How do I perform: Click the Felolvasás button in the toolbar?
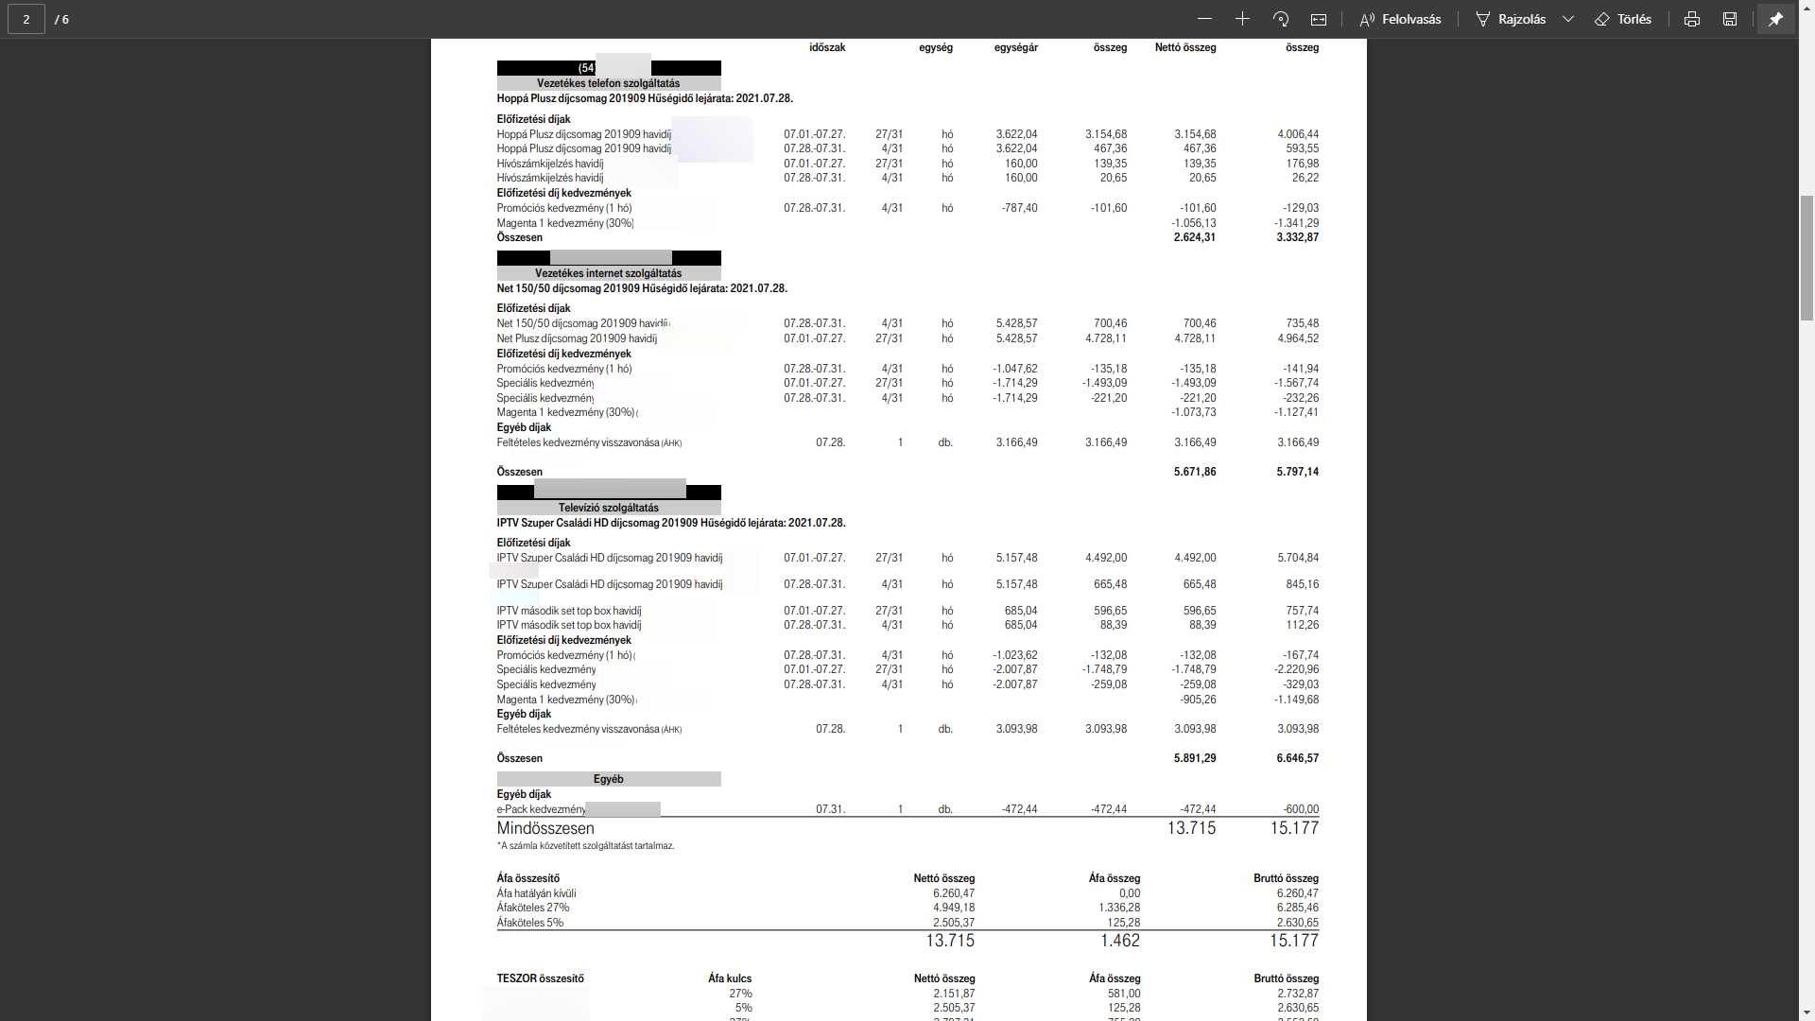click(1400, 19)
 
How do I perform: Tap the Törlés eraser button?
click(1623, 19)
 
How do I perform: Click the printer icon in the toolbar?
click(1692, 19)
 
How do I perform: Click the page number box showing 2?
click(26, 19)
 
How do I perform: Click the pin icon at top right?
click(1775, 19)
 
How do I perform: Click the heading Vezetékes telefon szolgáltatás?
click(608, 83)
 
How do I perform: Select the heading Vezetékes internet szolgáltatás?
click(608, 273)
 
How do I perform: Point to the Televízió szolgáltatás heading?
click(608, 508)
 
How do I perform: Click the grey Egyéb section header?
click(608, 779)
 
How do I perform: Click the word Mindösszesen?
click(545, 828)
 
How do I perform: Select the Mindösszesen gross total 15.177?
click(1293, 828)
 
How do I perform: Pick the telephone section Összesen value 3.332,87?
click(1297, 237)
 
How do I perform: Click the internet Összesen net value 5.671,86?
click(1195, 472)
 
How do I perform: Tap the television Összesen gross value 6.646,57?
click(1297, 758)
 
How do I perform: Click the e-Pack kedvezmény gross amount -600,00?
click(1301, 809)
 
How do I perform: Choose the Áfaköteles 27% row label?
click(533, 908)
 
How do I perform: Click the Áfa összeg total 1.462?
click(1119, 941)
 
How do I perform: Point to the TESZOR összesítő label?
click(540, 978)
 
